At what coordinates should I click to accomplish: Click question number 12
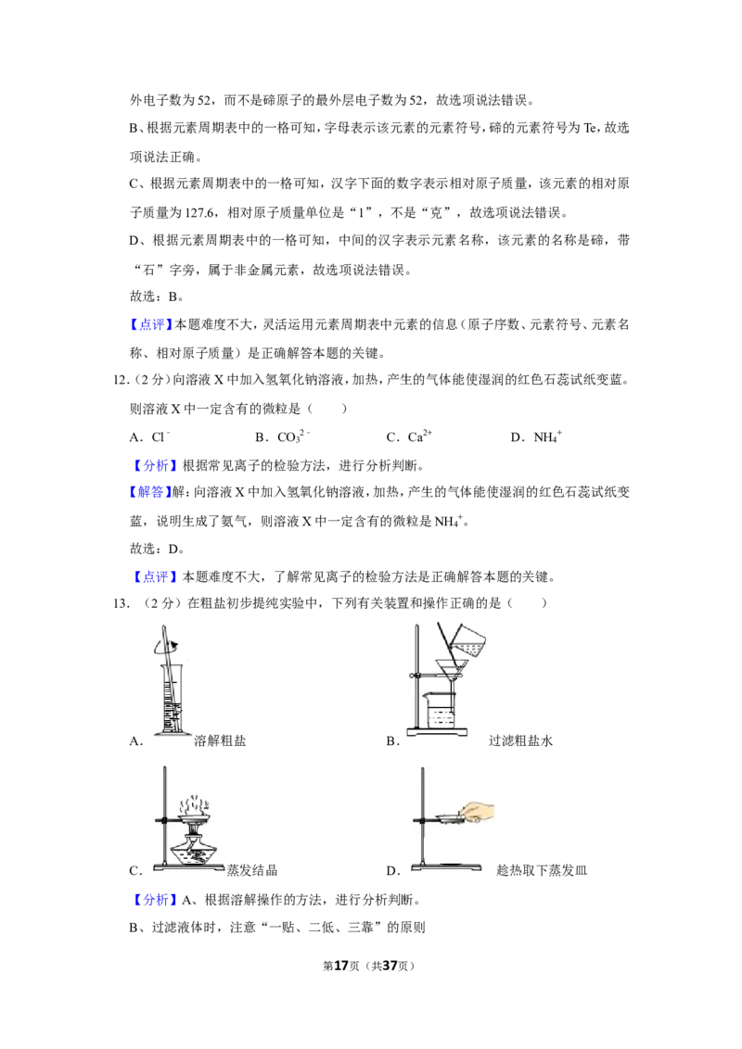tap(121, 380)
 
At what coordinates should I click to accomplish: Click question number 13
tap(121, 603)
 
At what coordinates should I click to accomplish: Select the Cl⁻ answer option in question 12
tap(150, 436)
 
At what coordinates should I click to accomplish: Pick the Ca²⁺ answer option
tap(409, 436)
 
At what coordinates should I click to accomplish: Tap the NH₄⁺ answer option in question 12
tap(536, 436)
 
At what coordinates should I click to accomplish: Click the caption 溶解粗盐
tap(220, 740)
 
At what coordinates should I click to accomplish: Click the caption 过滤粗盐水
tap(520, 740)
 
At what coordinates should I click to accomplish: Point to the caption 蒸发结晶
tap(251, 870)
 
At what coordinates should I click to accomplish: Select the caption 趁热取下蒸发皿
tap(541, 870)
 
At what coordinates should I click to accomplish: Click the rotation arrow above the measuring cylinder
tap(166, 646)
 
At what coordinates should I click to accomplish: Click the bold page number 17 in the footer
tap(341, 966)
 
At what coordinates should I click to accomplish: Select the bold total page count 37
tap(390, 966)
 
